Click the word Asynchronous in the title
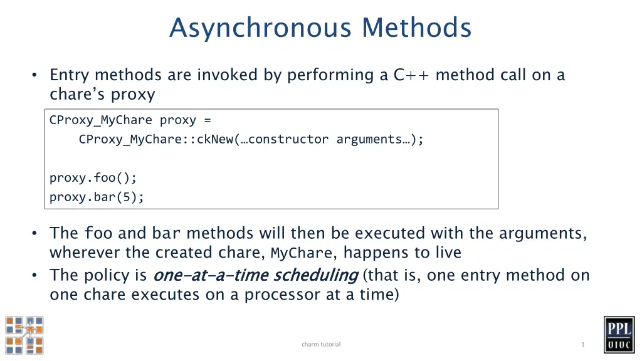coord(260,28)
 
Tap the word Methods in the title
coord(416,28)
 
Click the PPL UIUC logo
coord(619,335)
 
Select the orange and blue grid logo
coord(24,335)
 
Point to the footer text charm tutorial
coord(321,344)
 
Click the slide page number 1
coord(582,344)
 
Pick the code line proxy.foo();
coord(93,178)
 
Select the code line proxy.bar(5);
coord(97,197)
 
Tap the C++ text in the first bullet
coord(411,75)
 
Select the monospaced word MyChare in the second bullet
coord(302,253)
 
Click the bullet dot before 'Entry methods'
coord(34,75)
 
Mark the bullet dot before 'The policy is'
coord(34,275)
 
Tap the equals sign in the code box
coord(208,120)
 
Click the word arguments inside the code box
coord(369,140)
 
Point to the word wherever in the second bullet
coord(85,253)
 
